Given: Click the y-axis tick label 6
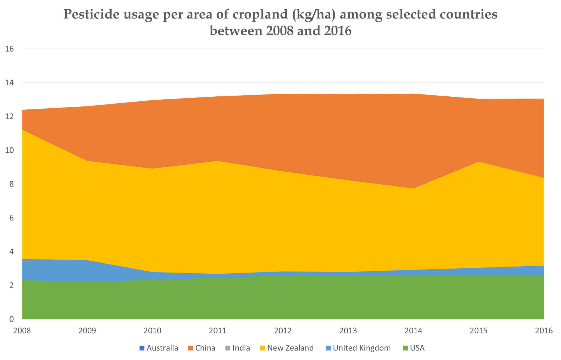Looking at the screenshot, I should [x=11, y=218].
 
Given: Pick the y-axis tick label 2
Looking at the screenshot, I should [x=11, y=286].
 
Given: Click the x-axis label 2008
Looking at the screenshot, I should [x=22, y=331].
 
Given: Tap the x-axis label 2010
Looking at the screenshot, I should [x=153, y=331].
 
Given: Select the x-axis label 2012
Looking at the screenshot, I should [x=283, y=331].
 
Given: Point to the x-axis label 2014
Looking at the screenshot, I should [x=414, y=331].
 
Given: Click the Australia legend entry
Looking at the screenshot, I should [x=159, y=348].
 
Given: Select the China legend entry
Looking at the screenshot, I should [x=202, y=348].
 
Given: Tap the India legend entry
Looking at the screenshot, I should [x=238, y=348].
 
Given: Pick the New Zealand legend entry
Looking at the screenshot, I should [x=287, y=348].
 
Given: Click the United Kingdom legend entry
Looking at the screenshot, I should [x=358, y=348].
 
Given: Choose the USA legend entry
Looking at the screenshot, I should [x=414, y=348].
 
